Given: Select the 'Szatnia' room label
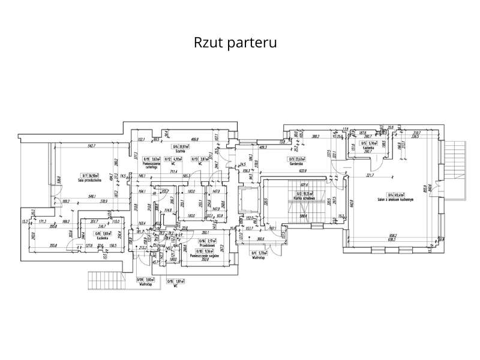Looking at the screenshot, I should (x=179, y=151).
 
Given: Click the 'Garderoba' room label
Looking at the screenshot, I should (x=295, y=163).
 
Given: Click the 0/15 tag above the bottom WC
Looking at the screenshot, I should (x=170, y=280).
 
